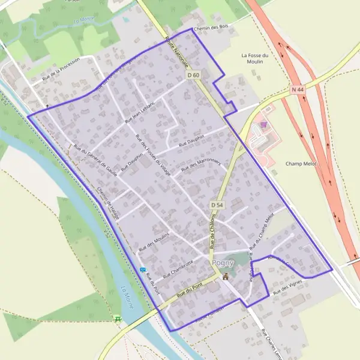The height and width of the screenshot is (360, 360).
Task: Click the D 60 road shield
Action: [193, 76]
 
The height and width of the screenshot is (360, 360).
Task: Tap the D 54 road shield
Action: [217, 205]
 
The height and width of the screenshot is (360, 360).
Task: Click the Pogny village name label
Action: [223, 264]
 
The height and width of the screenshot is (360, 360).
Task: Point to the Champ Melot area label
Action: [301, 163]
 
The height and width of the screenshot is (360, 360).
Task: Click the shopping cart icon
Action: [263, 125]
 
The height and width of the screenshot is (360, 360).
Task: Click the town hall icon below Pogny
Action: [226, 277]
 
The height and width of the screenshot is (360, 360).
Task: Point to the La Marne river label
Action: [128, 298]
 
